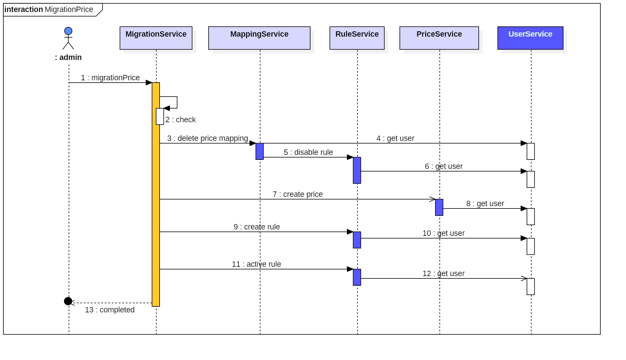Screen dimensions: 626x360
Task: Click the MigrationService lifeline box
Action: tap(156, 38)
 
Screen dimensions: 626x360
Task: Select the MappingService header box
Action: tap(259, 38)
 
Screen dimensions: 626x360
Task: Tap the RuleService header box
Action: tap(357, 38)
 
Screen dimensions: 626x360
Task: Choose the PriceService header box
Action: tap(439, 38)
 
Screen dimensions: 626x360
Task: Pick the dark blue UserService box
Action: tap(530, 38)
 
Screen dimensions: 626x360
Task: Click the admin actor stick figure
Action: tap(68, 38)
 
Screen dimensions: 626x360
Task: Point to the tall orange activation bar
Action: tap(156, 194)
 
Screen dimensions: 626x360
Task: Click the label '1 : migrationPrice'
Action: tap(110, 78)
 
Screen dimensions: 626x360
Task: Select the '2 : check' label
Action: tap(181, 120)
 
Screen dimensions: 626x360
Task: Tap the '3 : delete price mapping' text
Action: tap(208, 138)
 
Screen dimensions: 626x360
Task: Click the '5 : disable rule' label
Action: tap(308, 152)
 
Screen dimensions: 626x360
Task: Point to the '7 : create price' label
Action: tap(298, 194)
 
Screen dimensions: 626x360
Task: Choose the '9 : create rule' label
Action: tap(257, 227)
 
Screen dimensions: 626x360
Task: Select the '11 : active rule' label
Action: tap(256, 264)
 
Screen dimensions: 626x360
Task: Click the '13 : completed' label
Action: tap(110, 310)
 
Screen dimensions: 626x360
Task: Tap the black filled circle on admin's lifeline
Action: tap(68, 301)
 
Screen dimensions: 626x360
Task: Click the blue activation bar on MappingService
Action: tap(260, 152)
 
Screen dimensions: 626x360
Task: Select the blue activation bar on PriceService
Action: tap(439, 207)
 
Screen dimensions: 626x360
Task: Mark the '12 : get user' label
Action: tap(443, 273)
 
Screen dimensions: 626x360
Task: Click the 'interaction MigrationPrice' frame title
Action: tap(49, 9)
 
